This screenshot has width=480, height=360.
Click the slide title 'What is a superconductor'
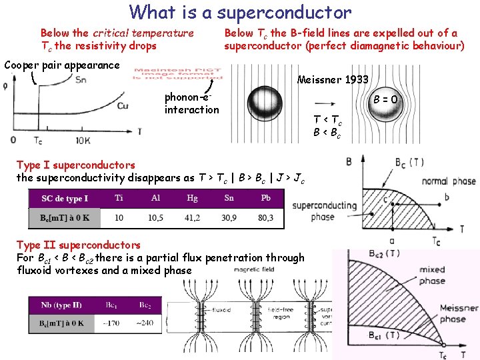pos(240,12)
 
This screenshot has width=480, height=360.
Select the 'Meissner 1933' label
pos(333,80)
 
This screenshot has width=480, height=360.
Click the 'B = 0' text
pos(385,100)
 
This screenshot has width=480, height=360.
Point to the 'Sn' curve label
pos(81,80)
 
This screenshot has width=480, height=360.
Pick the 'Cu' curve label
pos(123,106)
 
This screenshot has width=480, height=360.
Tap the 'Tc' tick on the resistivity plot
pos(38,141)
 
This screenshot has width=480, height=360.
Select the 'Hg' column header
pos(192,198)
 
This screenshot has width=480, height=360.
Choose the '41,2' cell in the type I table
pos(192,218)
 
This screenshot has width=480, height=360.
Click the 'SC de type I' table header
pos(65,199)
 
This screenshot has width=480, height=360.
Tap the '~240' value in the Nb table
pos(145,323)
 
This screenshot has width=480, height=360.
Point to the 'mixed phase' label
pos(432,275)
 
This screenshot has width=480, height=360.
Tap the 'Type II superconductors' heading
pos(79,245)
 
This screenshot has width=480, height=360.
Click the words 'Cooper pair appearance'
pos(62,65)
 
